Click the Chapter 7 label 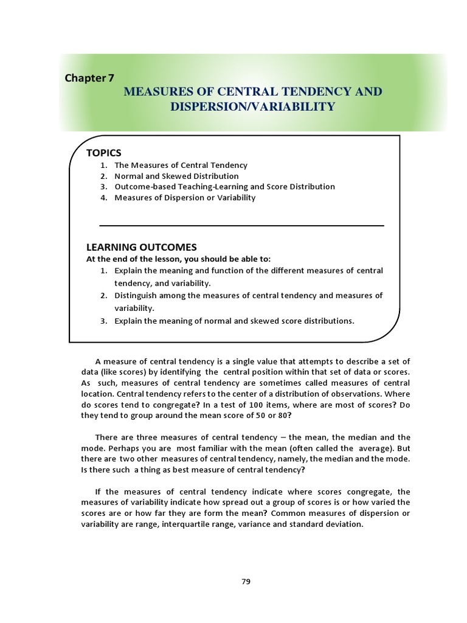(x=89, y=78)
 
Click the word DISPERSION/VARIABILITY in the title (x=252, y=106)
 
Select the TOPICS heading (x=104, y=153)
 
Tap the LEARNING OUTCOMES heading (x=142, y=247)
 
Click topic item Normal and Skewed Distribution (x=176, y=176)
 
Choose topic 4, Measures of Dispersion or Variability (x=185, y=198)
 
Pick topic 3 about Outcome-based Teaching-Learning (x=224, y=187)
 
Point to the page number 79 (x=246, y=581)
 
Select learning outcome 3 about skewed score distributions (x=234, y=321)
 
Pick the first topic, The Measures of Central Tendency (x=181, y=165)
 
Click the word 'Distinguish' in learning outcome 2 (x=136, y=296)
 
